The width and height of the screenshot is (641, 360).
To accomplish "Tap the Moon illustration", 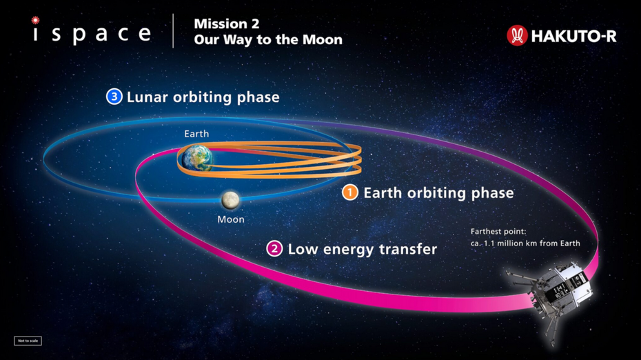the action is [231, 200].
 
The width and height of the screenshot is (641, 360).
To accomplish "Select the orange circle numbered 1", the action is [350, 192].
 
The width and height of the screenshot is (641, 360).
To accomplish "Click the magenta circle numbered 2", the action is [274, 249].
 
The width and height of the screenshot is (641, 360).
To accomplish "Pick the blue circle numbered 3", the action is [114, 97].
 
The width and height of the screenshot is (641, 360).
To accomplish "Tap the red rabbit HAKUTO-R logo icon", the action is [517, 36].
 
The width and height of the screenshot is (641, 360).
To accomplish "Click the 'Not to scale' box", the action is [28, 341].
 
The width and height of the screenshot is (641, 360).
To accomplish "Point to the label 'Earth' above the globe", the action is [196, 134].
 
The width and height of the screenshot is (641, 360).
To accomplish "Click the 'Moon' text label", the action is [231, 219].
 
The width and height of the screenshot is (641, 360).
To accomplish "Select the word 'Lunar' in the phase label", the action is [147, 97].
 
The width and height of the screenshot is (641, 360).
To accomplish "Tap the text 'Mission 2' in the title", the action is [227, 23].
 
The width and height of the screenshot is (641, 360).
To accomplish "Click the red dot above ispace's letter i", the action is [36, 19].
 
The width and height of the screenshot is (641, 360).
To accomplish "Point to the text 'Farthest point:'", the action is [498, 232].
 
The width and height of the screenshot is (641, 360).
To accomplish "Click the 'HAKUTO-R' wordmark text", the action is [573, 36].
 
